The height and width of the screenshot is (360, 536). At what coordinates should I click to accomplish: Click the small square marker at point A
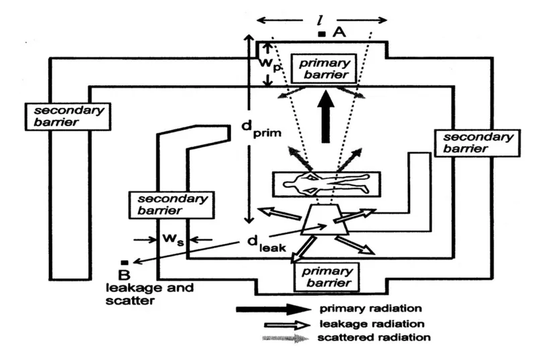click(x=322, y=32)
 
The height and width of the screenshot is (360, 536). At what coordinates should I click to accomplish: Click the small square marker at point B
click(x=123, y=261)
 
